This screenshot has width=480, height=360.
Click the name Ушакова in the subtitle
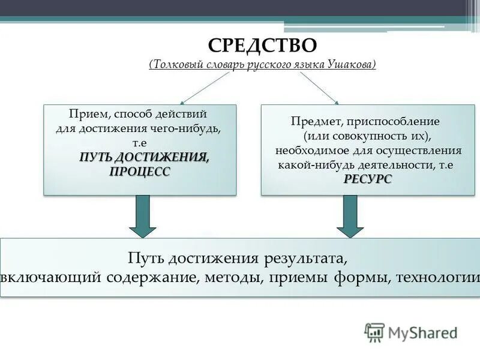click(x=349, y=64)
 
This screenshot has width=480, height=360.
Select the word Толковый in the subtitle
click(x=175, y=64)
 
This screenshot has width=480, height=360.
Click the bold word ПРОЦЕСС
click(x=140, y=172)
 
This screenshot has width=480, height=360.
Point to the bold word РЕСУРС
click(x=368, y=179)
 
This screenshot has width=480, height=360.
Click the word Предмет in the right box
click(x=311, y=121)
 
